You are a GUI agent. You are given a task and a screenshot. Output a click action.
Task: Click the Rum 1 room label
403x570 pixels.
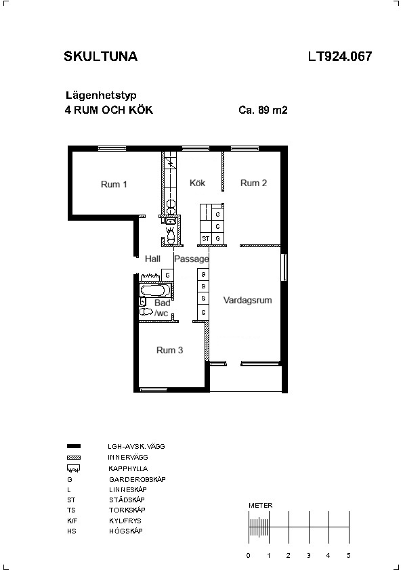tap(114, 184)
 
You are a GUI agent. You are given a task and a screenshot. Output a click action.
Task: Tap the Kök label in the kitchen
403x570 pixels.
tap(198, 183)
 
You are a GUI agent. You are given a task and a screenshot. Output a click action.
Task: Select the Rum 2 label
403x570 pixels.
tap(253, 183)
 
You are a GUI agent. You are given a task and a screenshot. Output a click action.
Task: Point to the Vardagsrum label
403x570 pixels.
tap(247, 301)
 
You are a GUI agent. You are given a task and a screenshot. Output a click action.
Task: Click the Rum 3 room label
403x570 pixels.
tap(169, 350)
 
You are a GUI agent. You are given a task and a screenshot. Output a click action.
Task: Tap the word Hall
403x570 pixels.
tap(152, 259)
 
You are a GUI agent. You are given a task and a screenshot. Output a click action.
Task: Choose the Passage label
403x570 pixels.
tap(192, 259)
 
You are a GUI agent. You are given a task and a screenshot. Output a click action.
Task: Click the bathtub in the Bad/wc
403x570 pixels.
tap(155, 290)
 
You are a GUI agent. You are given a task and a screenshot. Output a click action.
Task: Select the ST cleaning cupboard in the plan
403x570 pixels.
tap(206, 239)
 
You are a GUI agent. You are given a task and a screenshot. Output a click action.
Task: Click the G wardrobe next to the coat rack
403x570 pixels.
tap(167, 276)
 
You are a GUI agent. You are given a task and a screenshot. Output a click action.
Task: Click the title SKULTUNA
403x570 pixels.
tap(101, 56)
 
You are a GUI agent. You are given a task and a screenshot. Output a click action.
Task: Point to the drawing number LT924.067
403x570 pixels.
tap(340, 56)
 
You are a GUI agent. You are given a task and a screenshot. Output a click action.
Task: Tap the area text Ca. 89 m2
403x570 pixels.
tap(263, 110)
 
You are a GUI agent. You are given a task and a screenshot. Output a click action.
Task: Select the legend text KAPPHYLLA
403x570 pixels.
tap(128, 468)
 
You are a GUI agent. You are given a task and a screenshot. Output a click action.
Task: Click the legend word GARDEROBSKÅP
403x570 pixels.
tap(137, 479)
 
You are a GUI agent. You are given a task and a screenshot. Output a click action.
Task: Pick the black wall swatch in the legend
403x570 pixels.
tap(74, 446)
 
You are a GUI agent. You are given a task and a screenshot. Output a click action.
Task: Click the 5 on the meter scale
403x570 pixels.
tap(348, 556)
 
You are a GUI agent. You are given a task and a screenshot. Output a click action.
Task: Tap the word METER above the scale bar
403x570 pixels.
tap(260, 505)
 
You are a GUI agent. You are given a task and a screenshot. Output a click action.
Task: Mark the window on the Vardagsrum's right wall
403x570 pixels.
tap(284, 267)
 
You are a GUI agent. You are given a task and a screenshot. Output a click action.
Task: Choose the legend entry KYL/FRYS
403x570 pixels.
tap(125, 521)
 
